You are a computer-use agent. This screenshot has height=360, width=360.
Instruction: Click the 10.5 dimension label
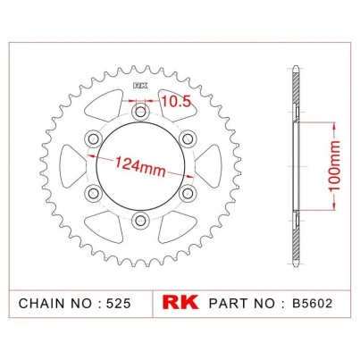[x=176, y=101]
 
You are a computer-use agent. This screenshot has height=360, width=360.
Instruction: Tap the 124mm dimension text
[x=140, y=166]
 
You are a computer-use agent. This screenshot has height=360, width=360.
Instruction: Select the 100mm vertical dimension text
[x=334, y=166]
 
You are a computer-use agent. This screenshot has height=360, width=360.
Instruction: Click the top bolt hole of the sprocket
[x=140, y=113]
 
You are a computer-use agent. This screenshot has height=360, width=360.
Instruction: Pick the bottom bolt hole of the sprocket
[x=140, y=221]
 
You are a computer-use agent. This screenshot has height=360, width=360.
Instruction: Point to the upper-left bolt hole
[x=94, y=138]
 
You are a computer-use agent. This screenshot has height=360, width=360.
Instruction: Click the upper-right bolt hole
[x=188, y=138]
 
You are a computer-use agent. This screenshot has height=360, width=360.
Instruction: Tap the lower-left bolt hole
[x=94, y=194]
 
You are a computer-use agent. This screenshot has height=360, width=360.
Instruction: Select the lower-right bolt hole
[x=188, y=194]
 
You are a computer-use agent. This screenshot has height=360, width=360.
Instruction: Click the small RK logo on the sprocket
[x=140, y=86]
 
